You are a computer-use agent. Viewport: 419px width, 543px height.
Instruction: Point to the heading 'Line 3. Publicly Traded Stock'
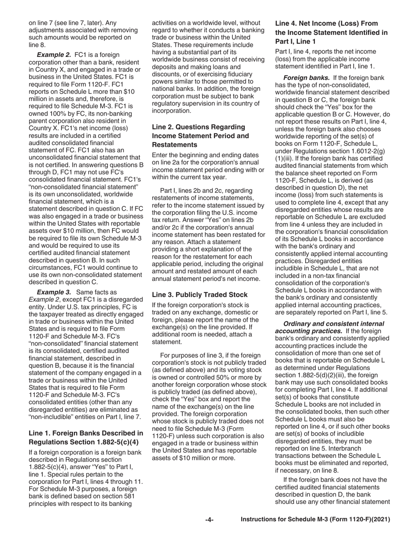point(200,294)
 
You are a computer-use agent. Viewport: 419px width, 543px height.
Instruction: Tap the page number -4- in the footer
point(209,520)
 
